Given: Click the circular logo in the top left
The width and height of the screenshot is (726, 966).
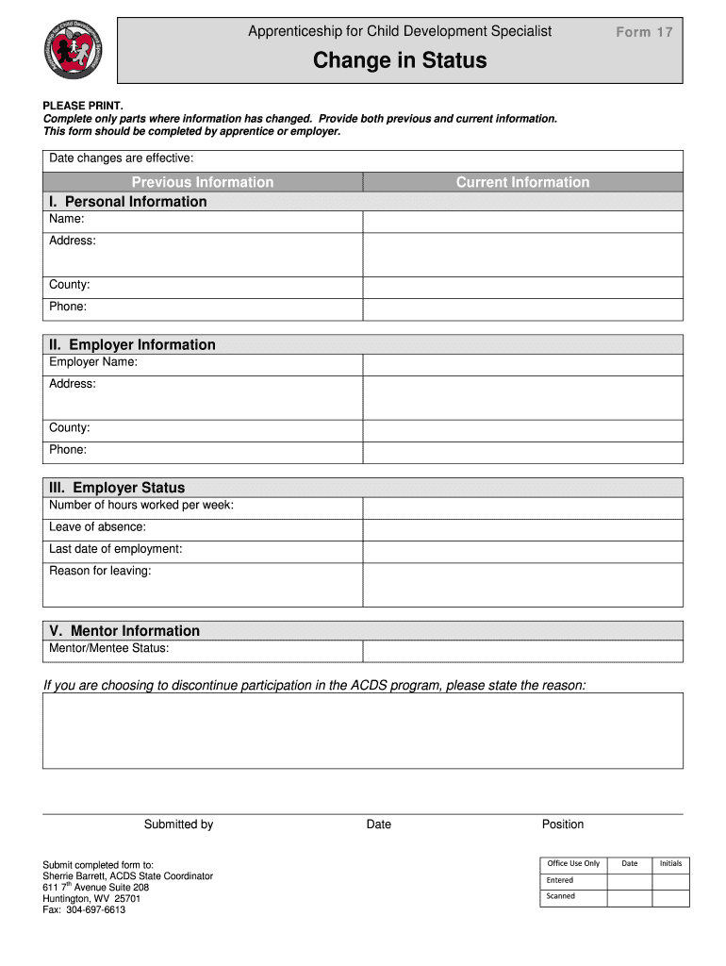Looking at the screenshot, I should coord(74,49).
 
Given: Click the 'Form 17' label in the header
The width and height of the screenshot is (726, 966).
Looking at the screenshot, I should coord(644,32).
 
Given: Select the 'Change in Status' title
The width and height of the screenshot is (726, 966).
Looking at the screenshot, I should coord(400,60).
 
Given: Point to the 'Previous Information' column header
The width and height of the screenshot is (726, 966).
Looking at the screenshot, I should coord(203,182).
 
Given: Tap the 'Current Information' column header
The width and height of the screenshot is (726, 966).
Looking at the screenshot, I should coord(522,182).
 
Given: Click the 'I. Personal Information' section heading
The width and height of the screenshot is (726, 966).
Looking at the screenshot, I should coord(127,202).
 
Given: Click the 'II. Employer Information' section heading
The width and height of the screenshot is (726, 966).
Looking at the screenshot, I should coord(132,345).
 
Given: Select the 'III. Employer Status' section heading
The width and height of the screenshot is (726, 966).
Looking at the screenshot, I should coord(117,488).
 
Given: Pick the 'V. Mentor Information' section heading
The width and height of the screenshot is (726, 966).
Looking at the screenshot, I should coord(124,631).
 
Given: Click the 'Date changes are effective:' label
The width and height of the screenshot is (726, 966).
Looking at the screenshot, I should coord(121,158).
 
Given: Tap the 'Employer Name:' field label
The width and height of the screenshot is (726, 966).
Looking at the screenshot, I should coord(93,362).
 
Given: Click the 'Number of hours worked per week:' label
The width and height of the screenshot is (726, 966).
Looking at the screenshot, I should coord(141,505).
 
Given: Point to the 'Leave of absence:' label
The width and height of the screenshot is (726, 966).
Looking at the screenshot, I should coord(97,527).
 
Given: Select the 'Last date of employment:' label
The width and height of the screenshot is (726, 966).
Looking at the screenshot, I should coord(116,549).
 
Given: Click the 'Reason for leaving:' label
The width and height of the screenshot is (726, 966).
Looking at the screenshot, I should coord(100,571).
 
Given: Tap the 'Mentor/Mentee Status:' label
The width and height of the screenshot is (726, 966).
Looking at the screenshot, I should coord(109,648).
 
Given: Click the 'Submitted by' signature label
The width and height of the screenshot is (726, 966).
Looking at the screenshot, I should coord(178,824).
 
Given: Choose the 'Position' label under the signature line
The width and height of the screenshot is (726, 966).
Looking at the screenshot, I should coord(563,824).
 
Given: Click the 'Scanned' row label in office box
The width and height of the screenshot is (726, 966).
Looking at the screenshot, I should coord(560,896).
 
